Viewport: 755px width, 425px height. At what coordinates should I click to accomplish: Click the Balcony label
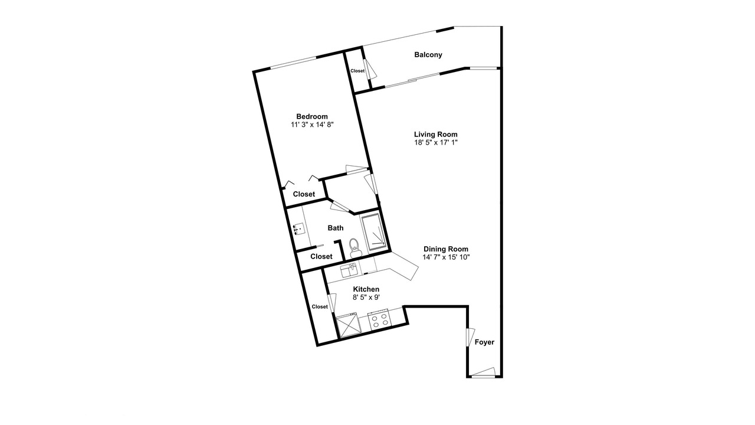click(428, 55)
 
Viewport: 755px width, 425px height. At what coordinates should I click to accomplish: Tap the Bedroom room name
click(312, 117)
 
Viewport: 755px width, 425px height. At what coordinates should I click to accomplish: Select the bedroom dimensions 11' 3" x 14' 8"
click(312, 125)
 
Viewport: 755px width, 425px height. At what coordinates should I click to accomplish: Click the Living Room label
click(435, 134)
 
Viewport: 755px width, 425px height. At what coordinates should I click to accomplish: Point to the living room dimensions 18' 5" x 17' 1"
click(436, 142)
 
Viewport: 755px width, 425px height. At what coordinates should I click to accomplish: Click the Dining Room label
click(445, 249)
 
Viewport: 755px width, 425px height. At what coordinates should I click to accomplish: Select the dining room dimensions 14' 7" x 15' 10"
click(446, 257)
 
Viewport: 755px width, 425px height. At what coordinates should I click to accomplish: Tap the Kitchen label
click(366, 289)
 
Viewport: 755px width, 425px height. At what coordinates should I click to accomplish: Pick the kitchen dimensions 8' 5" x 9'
click(366, 297)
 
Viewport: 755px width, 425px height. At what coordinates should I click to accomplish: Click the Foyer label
click(484, 342)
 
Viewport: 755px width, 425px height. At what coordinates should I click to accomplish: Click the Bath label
click(336, 228)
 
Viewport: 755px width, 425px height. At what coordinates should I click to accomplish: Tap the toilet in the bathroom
click(354, 248)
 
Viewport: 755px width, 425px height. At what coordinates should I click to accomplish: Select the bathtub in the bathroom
click(374, 232)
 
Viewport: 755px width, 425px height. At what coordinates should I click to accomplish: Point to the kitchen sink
click(349, 270)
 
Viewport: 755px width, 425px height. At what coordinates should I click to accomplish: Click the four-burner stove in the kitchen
click(379, 320)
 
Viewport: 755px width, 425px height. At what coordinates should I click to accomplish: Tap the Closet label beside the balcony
click(357, 71)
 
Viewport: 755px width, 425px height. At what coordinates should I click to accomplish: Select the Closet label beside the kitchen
click(320, 306)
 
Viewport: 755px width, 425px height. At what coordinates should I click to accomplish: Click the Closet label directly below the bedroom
click(304, 194)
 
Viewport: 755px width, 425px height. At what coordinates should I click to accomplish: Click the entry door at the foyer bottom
click(483, 372)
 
